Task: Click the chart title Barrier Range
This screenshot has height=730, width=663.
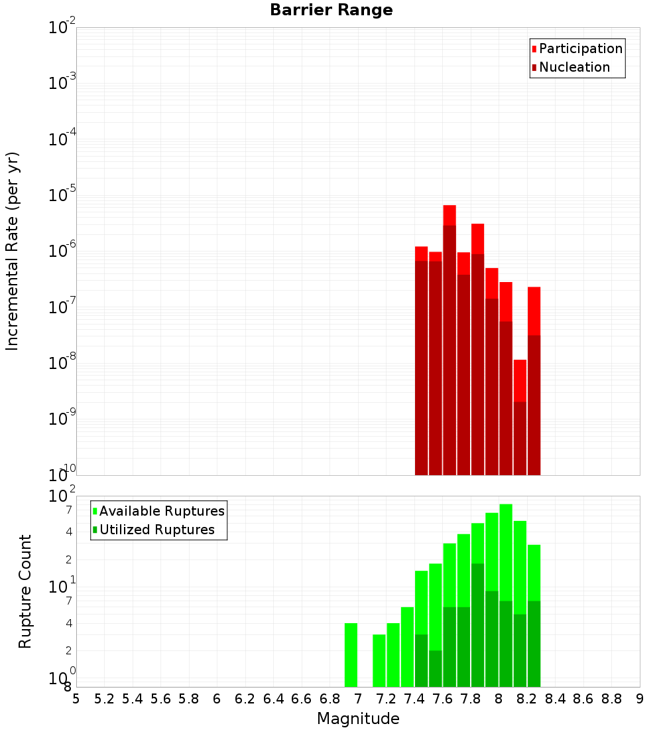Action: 331,10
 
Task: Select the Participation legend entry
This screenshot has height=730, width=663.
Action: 576,48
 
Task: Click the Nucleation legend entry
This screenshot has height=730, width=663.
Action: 570,67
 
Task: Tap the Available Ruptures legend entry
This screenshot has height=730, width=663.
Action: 158,511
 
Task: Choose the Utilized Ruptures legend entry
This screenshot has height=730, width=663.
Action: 154,530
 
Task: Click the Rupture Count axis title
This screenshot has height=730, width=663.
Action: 25,591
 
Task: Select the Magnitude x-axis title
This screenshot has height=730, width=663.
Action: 358,719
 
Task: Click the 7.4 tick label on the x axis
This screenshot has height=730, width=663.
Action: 414,699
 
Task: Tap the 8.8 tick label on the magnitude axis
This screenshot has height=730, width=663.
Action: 611,699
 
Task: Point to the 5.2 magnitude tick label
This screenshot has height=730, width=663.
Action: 104,699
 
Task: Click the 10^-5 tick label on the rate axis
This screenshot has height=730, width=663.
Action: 62,194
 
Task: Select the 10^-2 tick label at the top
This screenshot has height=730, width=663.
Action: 62,27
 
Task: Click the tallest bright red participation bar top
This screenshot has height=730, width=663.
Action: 450,206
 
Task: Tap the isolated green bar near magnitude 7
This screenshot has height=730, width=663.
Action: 351,654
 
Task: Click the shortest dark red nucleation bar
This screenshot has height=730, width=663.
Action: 520,439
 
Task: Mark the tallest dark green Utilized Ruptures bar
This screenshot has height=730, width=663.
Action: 477,624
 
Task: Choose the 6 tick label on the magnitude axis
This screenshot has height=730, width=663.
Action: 217,699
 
